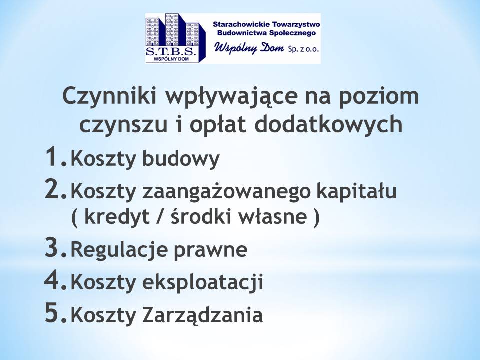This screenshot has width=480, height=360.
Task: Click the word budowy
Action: tap(181, 159)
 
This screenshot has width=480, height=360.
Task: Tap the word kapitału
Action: tap(356, 191)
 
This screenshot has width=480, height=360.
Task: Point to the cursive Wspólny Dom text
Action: tap(249, 48)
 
